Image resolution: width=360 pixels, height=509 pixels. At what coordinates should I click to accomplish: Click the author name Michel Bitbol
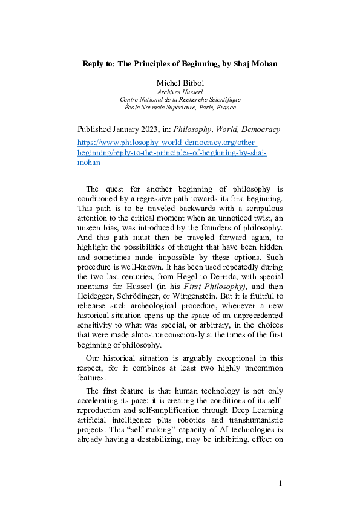(180, 82)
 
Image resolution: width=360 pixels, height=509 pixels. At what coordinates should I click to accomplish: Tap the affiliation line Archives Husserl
(180, 91)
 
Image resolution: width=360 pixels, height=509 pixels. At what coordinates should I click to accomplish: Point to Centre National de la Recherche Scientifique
(180, 99)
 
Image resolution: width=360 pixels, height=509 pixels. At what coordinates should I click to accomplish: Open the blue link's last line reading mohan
(89, 162)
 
